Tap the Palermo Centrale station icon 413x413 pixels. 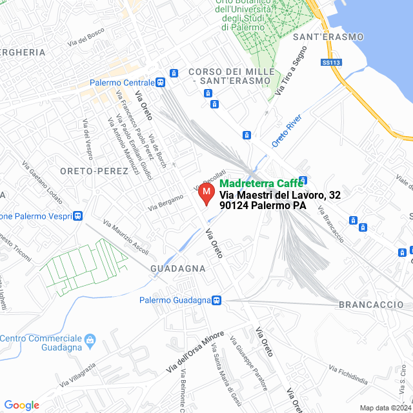(x=160, y=83)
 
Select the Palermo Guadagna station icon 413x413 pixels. (x=217, y=300)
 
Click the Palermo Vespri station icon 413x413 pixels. (x=78, y=216)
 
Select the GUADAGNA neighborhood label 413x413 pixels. (x=177, y=268)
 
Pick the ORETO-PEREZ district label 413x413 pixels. (x=87, y=171)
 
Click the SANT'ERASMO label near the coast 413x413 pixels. (x=328, y=37)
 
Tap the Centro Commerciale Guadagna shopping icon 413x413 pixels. (x=90, y=339)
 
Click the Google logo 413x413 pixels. (x=21, y=405)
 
